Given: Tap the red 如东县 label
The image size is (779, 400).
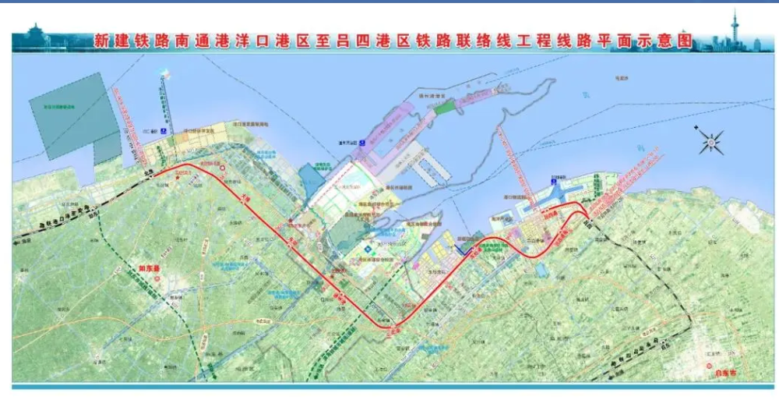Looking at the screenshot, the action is click(x=148, y=268).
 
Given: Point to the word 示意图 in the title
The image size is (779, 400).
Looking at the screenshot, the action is click(x=671, y=41).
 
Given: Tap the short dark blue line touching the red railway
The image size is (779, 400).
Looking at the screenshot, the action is click(x=464, y=250).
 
